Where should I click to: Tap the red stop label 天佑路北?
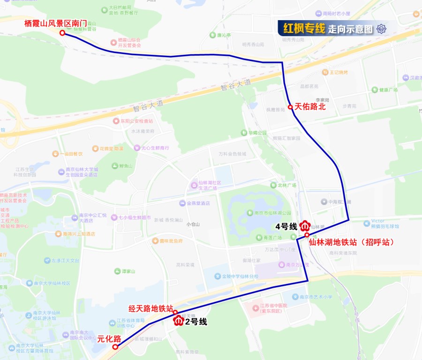coord(309,107)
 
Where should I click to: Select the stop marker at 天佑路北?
coord(291,107)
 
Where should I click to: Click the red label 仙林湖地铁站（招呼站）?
coord(351,243)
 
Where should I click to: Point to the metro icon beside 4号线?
coord(304,226)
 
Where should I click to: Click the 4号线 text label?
coord(286,226)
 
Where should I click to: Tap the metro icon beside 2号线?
coord(179,321)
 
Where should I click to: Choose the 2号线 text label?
coord(196,322)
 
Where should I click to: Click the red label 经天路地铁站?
coord(151,308)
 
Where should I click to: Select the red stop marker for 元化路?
coord(116,347)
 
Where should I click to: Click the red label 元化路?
coord(109,338)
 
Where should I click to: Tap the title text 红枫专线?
coord(304,29)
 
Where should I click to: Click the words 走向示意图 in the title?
coord(350,29)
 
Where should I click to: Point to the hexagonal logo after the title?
coord(382,29)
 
